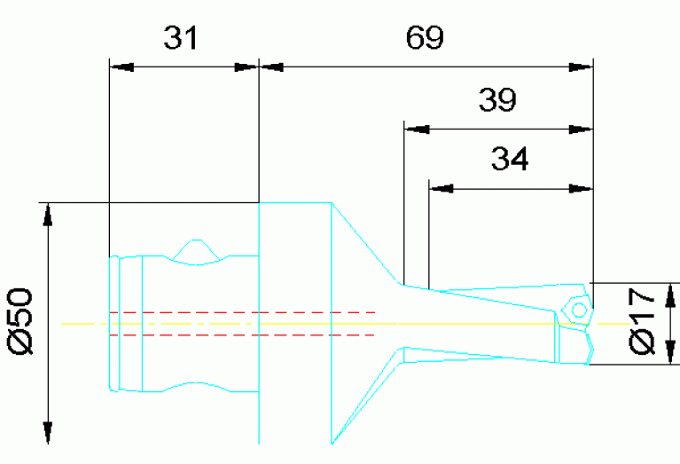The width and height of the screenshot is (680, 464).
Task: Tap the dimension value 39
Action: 497,101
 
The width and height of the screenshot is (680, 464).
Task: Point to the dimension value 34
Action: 510,160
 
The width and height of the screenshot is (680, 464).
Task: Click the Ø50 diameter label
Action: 20,320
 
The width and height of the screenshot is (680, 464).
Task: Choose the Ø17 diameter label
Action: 645,320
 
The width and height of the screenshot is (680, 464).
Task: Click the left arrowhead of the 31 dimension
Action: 120,66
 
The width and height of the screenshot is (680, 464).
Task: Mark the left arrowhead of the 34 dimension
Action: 441,188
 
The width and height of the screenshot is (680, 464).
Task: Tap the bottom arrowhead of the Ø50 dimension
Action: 48,433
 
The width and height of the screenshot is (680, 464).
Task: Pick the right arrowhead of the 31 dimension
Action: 246,66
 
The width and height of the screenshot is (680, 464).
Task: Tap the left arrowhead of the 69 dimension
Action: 270,66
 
